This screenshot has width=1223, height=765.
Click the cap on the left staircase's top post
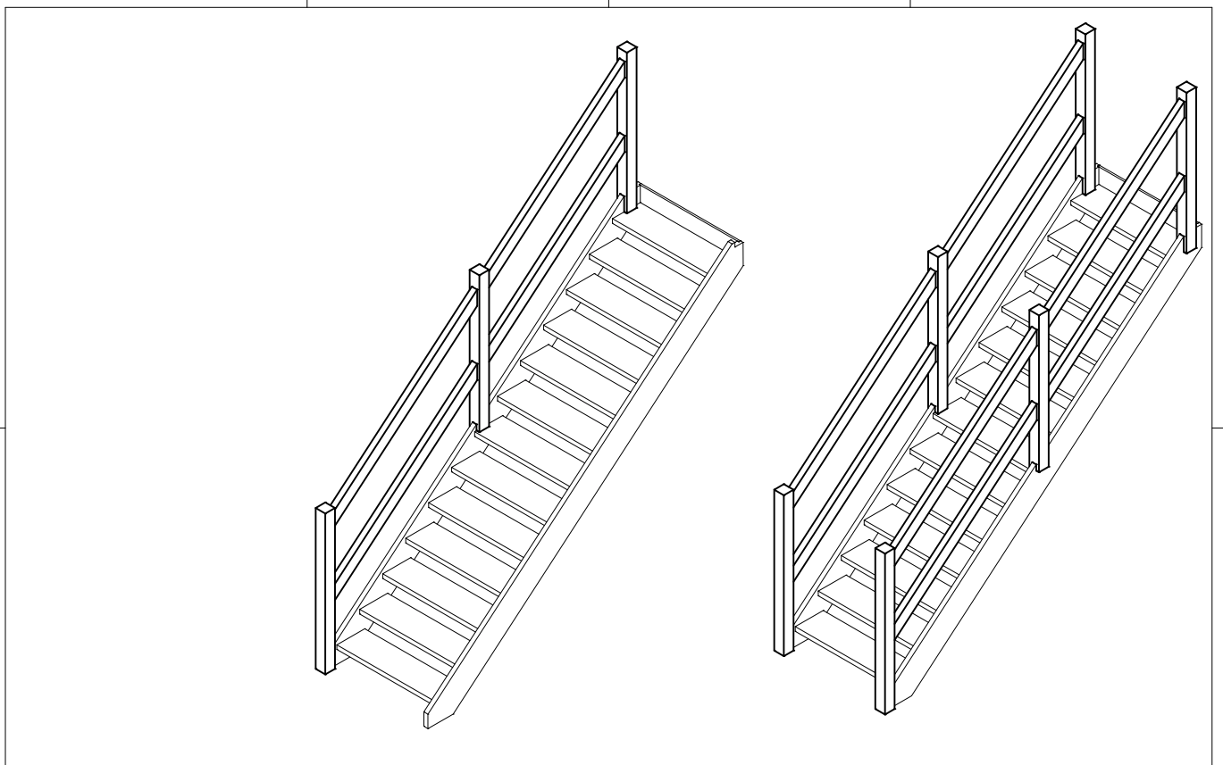[x=627, y=48]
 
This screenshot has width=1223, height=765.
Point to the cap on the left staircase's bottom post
[x=325, y=510]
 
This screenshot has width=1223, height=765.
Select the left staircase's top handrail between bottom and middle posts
[x=402, y=393]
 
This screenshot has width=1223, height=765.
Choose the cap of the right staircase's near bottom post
[x=884, y=549]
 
